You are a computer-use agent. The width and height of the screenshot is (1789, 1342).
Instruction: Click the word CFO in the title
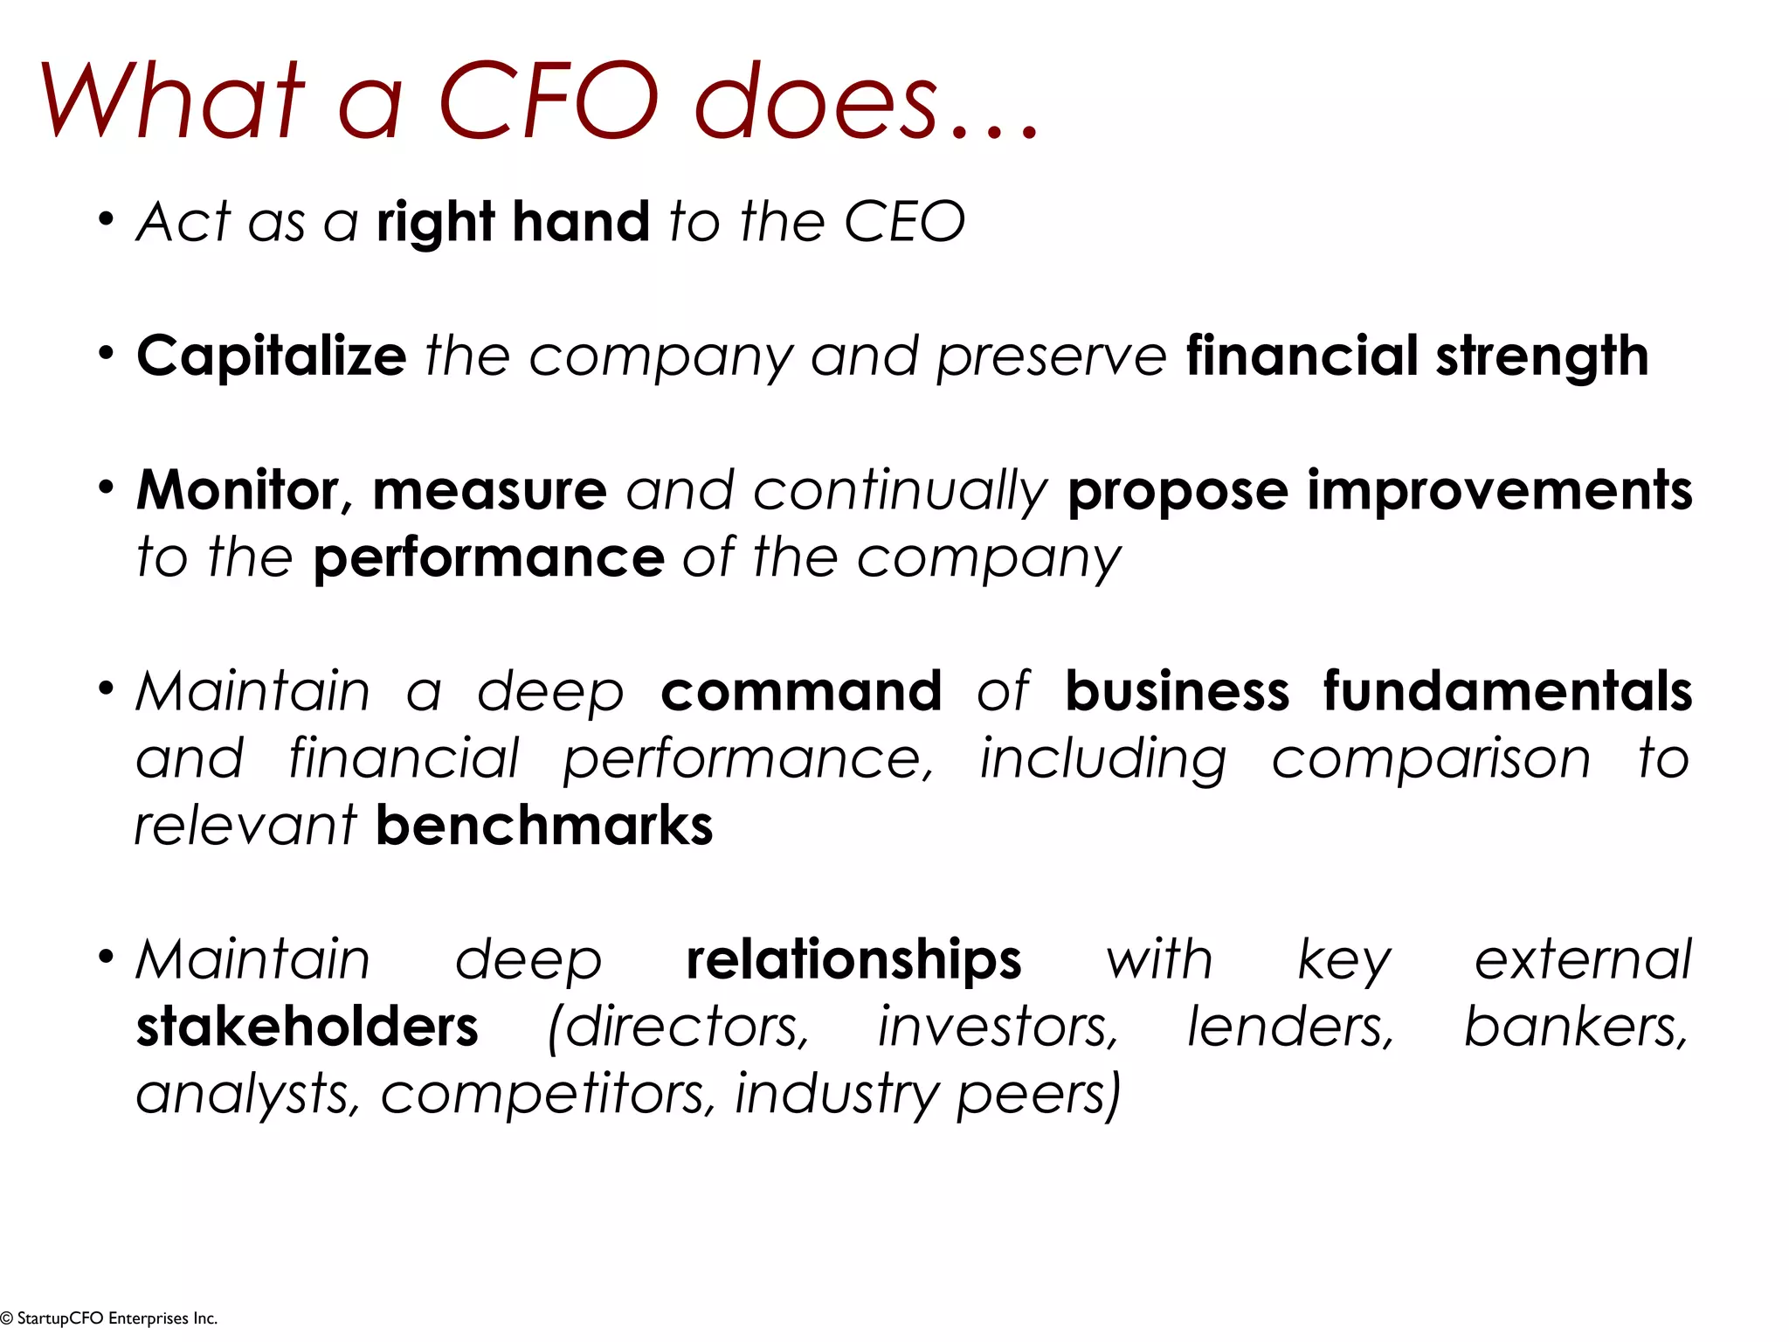coord(548,100)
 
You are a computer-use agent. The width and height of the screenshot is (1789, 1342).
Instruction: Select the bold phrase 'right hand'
coord(513,222)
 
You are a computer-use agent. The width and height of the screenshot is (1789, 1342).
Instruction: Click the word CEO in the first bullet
coord(904,222)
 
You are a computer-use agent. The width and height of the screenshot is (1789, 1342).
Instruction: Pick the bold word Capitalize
coord(272,356)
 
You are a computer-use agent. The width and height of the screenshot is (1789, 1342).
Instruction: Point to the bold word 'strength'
coord(1542,356)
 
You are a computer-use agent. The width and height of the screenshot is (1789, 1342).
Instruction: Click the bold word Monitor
coord(238,490)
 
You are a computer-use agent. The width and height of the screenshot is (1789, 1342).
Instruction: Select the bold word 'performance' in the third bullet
coord(489,557)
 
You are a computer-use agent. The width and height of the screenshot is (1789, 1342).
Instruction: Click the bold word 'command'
coord(801,691)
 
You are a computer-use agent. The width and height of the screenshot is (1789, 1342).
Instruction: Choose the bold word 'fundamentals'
coord(1507,691)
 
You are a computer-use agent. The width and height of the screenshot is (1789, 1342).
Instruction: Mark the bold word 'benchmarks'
coord(544,826)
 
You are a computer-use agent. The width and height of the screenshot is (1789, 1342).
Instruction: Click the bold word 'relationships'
coord(853,959)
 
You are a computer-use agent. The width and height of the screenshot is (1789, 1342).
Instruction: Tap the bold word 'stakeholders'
coord(307,1027)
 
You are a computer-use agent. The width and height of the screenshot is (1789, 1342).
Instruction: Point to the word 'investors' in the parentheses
coord(997,1027)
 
